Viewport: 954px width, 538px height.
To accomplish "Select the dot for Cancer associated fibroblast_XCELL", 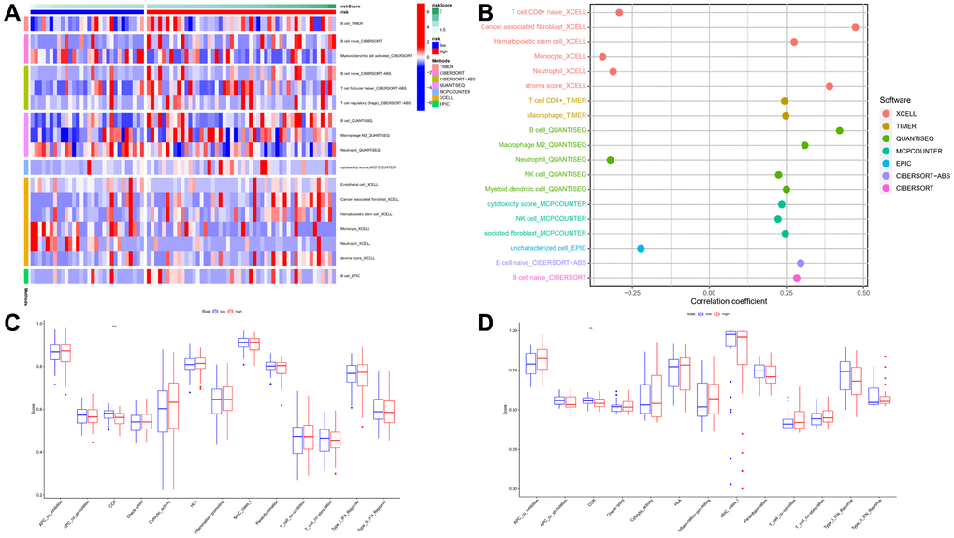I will tap(856, 27).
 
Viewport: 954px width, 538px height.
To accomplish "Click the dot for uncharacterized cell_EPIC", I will tap(641, 249).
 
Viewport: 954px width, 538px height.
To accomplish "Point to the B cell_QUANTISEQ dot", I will tap(840, 131).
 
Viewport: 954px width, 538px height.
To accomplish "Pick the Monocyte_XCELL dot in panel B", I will tap(602, 57).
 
